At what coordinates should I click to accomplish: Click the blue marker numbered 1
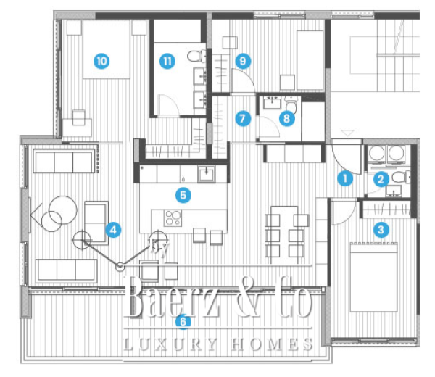pyautogui.click(x=346, y=176)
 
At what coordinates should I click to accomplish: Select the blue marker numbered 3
pyautogui.click(x=379, y=230)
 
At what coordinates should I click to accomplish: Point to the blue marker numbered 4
pyautogui.click(x=112, y=230)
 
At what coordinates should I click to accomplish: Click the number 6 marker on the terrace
pyautogui.click(x=184, y=320)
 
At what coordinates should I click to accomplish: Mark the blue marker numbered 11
pyautogui.click(x=168, y=61)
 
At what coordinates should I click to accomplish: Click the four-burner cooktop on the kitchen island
pyautogui.click(x=173, y=218)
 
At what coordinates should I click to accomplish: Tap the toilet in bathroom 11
pyautogui.click(x=195, y=56)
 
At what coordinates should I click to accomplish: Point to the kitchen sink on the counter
pyautogui.click(x=205, y=173)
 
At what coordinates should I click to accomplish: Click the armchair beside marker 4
pyautogui.click(x=96, y=214)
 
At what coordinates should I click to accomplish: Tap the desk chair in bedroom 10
pyautogui.click(x=78, y=116)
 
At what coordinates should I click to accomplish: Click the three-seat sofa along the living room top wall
pyautogui.click(x=65, y=161)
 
